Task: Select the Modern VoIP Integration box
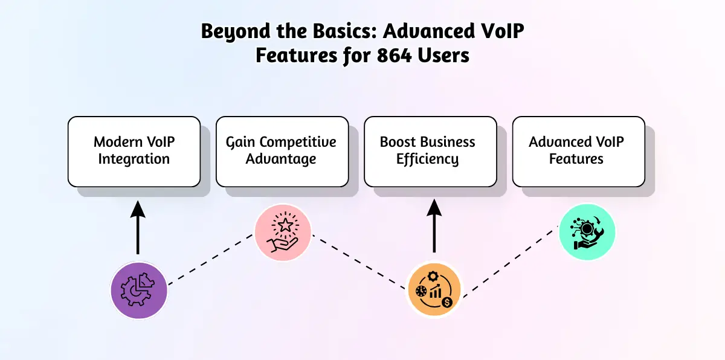pyautogui.click(x=134, y=151)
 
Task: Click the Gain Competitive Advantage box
pyautogui.click(x=282, y=151)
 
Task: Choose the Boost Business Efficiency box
pyautogui.click(x=430, y=151)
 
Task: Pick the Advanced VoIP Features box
pyautogui.click(x=578, y=151)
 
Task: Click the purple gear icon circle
pyautogui.click(x=138, y=290)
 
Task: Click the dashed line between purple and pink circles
pyautogui.click(x=210, y=261)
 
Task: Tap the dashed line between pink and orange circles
pyautogui.click(x=358, y=261)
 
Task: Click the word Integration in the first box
pyautogui.click(x=134, y=159)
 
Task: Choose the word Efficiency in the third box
pyautogui.click(x=427, y=159)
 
